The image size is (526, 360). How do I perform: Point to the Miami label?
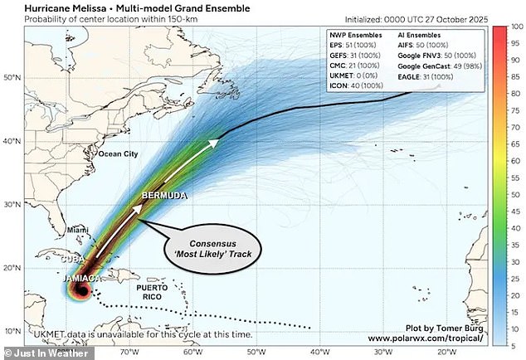pos(77,229)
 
